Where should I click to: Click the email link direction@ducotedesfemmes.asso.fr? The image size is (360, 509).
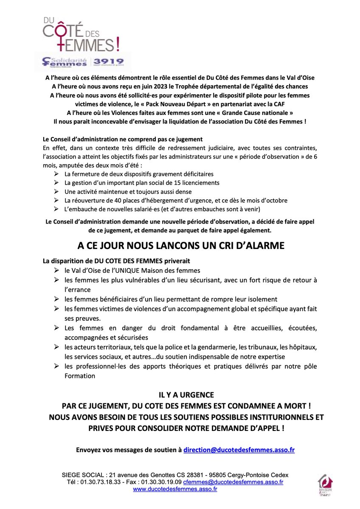pos(239,450)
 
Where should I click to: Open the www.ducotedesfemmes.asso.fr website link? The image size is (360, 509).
pos(175,489)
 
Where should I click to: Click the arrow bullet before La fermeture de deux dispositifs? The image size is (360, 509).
pos(56,174)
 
